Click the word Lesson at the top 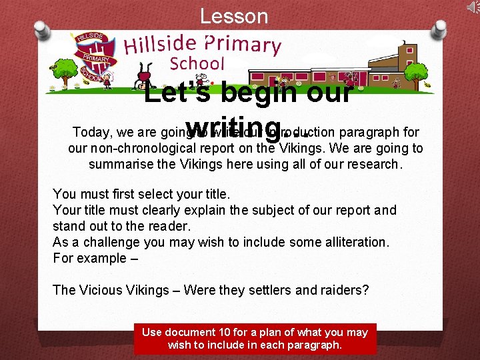pyautogui.click(x=234, y=16)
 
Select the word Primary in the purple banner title pyautogui.click(x=243, y=43)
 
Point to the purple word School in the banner pyautogui.click(x=197, y=64)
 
